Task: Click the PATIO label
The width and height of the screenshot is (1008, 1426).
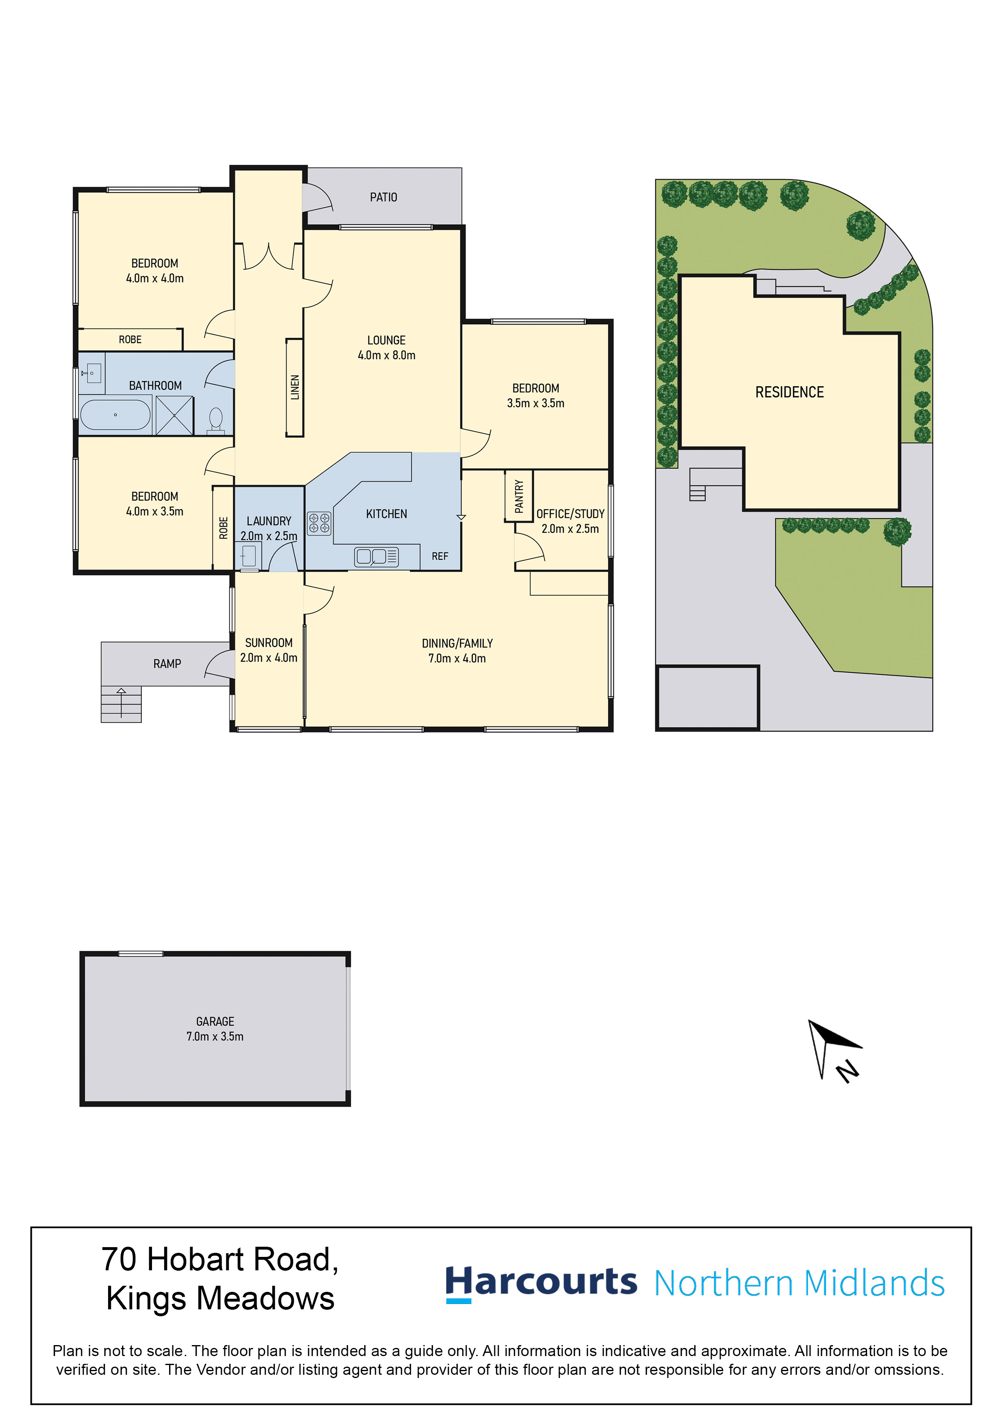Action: click(x=383, y=198)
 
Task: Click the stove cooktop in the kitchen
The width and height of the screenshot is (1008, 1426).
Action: click(x=319, y=523)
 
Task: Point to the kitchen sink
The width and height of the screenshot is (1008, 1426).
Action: click(x=376, y=556)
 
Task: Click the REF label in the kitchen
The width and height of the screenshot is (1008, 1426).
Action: click(x=440, y=556)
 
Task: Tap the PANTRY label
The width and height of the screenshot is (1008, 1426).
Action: click(x=519, y=496)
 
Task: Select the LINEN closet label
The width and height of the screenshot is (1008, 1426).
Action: click(x=295, y=387)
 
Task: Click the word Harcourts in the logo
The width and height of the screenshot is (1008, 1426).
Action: click(x=541, y=1283)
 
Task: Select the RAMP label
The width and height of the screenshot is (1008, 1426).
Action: click(x=167, y=664)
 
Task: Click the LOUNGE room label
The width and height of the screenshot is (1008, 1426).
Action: click(x=386, y=340)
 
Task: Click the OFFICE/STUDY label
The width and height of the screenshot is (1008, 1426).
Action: click(x=570, y=514)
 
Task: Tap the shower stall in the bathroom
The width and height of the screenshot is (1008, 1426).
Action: click(x=174, y=415)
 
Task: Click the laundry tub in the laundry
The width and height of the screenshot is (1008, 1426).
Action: click(x=248, y=556)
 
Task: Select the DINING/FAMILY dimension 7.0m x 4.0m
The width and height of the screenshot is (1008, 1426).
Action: click(x=457, y=659)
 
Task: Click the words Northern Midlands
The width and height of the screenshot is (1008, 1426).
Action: click(x=800, y=1284)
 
